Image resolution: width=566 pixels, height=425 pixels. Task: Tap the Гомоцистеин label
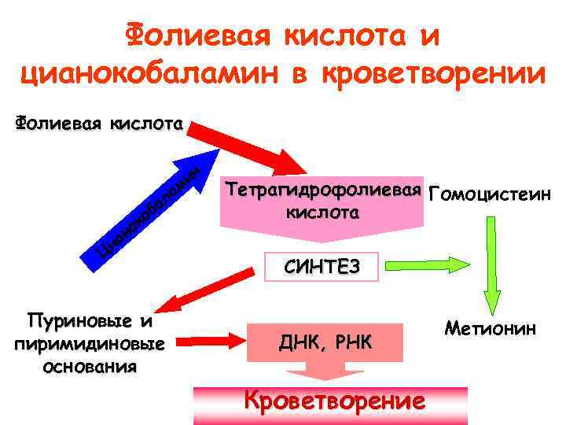tap(491, 194)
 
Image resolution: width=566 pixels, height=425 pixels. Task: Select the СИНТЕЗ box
tap(322, 267)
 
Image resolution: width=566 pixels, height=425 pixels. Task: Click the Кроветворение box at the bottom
tap(334, 401)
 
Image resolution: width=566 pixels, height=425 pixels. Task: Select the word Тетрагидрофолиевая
tap(322, 190)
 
